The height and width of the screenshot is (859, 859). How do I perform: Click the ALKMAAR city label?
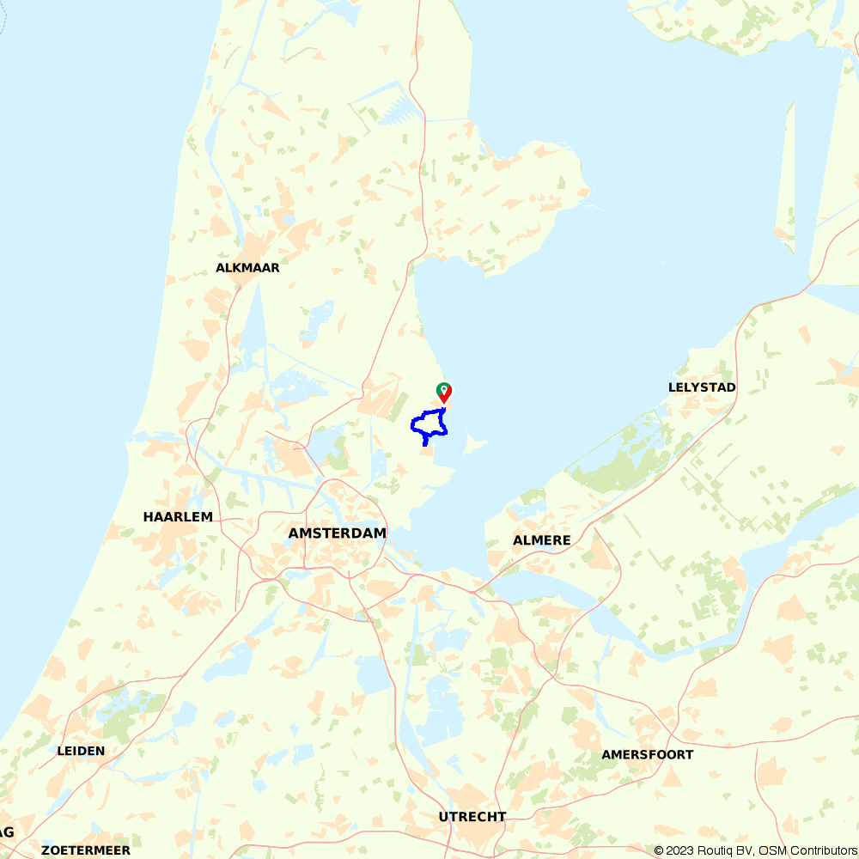click(247, 268)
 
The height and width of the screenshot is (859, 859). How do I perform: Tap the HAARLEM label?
click(178, 517)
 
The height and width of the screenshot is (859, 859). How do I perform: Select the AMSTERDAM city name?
click(337, 533)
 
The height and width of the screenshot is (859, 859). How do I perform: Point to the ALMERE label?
click(541, 540)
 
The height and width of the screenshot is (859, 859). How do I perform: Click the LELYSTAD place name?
click(702, 387)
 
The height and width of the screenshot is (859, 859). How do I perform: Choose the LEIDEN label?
click(81, 751)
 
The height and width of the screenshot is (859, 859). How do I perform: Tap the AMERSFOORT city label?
click(647, 755)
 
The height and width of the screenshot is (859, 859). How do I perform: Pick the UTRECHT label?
click(472, 817)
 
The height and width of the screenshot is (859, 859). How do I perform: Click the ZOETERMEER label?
click(86, 850)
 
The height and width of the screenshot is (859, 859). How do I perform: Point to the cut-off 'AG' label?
click(7, 832)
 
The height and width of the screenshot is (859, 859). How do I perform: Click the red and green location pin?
click(444, 393)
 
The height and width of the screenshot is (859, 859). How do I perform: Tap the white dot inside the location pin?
click(444, 390)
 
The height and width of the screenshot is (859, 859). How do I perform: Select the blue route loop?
click(414, 423)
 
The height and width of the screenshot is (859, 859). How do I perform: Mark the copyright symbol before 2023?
click(658, 850)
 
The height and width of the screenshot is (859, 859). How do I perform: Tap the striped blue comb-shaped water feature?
click(397, 109)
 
